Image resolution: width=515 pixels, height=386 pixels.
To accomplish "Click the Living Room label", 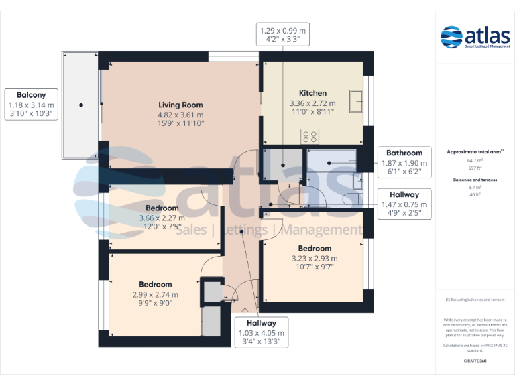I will coord(180,105).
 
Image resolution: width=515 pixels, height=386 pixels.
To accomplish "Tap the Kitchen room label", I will coord(312,93).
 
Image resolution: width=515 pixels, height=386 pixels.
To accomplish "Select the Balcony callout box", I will coord(30,105).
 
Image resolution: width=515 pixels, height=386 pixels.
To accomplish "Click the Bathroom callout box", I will coord(402,162).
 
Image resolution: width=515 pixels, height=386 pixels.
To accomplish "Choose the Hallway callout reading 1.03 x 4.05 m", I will coord(261,332).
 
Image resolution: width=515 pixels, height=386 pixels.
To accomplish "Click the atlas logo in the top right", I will coord(475,38).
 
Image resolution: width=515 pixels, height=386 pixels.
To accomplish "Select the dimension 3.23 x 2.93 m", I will coord(314,259).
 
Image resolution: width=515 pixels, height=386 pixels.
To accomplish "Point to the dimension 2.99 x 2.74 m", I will coord(156,294).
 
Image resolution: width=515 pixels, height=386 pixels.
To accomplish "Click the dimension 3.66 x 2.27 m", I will coord(162,218).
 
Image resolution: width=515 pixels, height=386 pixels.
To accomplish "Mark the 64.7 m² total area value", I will coord(475,161).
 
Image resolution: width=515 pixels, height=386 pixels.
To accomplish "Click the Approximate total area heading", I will coord(475,152).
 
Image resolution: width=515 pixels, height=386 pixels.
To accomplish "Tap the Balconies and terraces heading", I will coord(475,180).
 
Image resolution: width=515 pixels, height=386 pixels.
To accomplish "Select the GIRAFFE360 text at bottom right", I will coord(475,361).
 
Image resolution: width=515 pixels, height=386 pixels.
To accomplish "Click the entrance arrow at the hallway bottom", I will coord(245,310).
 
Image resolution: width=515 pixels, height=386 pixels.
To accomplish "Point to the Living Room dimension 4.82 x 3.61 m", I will coord(180,114).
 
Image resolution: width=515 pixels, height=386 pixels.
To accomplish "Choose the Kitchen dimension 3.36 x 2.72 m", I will coord(312,103).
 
